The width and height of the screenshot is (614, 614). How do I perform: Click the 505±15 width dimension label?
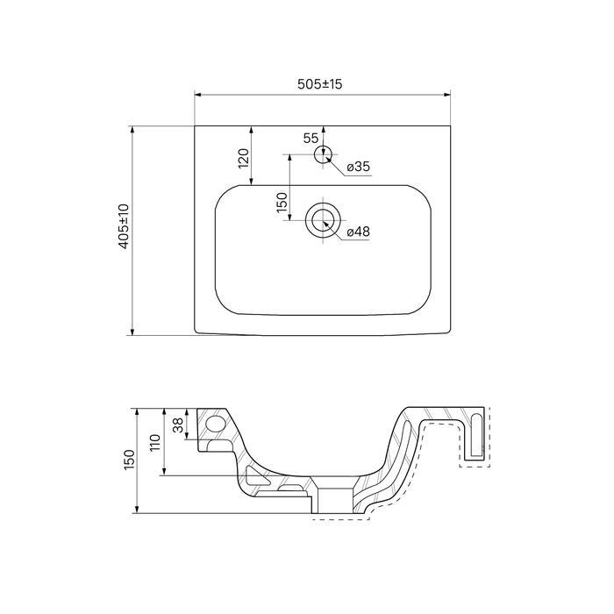[x=319, y=84]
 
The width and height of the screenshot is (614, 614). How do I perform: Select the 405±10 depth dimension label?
[x=124, y=226]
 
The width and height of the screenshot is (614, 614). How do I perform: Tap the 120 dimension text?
[x=244, y=158]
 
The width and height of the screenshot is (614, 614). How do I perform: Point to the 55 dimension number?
[x=311, y=138]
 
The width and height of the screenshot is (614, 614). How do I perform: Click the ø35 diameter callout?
[x=358, y=167]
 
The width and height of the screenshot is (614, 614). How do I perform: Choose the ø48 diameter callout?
[x=358, y=232]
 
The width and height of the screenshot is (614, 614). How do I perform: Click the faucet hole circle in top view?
[x=323, y=154]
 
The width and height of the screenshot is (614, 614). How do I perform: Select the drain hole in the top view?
[x=323, y=220]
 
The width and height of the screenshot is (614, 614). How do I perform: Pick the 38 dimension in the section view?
[x=178, y=425]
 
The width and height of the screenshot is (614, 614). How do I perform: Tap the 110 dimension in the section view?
[x=155, y=442]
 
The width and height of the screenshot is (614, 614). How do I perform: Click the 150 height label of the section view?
[x=129, y=460]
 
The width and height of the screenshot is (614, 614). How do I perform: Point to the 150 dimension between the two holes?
[x=282, y=203]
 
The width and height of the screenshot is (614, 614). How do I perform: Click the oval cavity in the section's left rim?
[x=215, y=424]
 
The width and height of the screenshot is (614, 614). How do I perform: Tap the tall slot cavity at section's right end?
[x=476, y=435]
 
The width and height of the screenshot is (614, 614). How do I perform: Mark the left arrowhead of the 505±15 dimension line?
[x=197, y=95]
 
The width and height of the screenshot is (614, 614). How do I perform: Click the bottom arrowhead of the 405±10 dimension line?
[x=132, y=332]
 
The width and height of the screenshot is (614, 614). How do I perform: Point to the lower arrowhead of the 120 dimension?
[x=251, y=182]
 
